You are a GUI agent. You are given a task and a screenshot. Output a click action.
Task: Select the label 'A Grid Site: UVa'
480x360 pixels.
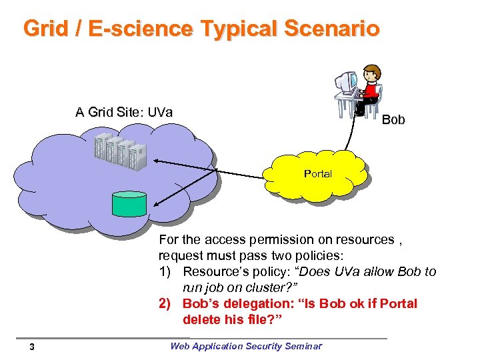124,112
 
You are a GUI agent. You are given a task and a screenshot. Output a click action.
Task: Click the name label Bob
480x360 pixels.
393,119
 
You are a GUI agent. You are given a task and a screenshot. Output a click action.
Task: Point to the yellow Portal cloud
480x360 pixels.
317,174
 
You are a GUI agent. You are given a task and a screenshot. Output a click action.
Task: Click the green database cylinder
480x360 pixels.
129,203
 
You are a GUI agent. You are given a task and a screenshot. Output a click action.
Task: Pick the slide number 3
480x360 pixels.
31,346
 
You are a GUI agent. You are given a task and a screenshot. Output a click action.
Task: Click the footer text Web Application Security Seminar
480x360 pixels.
245,345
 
